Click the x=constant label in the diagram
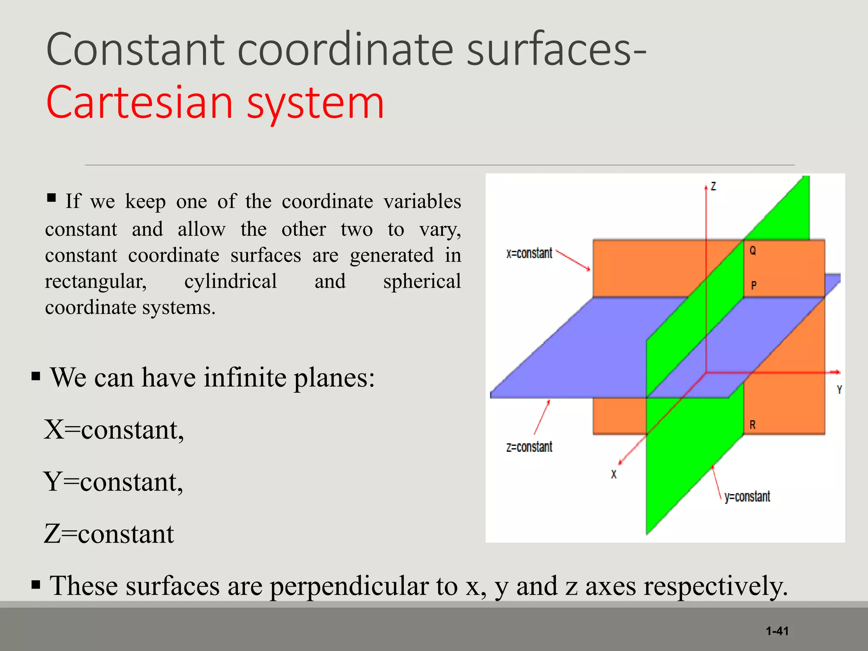[529, 253]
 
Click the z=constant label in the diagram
[529, 447]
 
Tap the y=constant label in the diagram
[747, 497]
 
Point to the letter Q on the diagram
[753, 250]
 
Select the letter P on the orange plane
[754, 286]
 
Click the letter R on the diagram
[752, 425]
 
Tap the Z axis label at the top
[714, 186]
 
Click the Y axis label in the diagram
[839, 390]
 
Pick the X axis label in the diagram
[614, 475]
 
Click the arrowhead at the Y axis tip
[837, 372]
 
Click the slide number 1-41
[777, 631]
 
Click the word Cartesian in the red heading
[140, 103]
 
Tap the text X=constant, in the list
[114, 430]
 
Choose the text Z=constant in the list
[109, 534]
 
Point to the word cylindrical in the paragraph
[231, 281]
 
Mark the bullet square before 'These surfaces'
[36, 585]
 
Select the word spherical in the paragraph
[422, 281]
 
